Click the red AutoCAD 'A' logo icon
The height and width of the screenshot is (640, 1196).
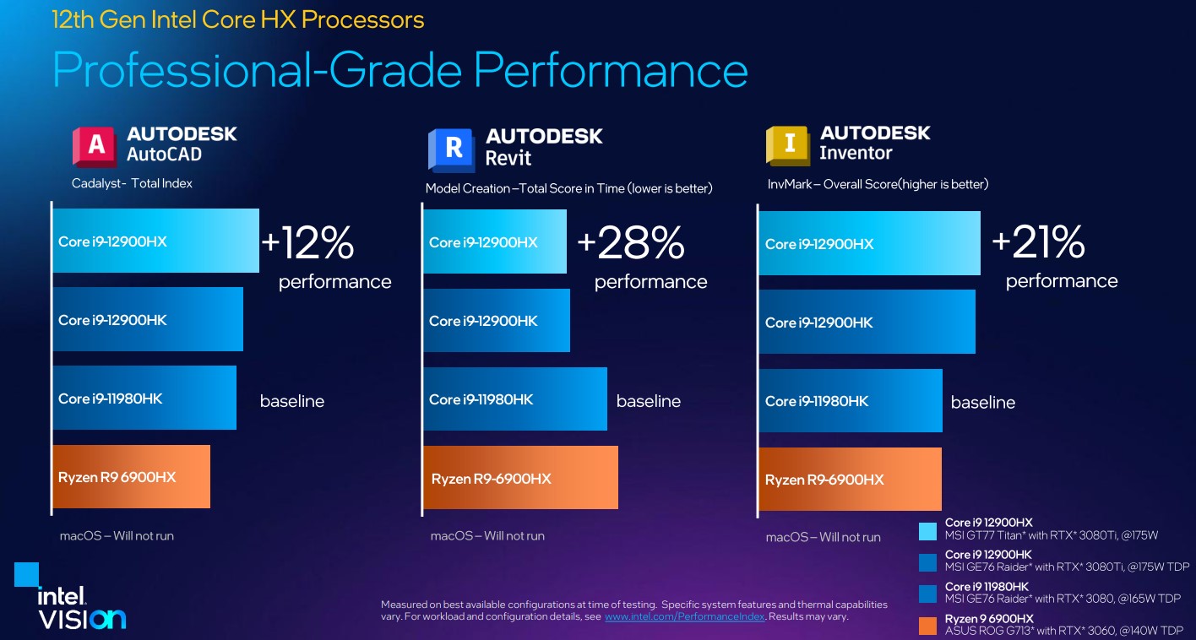tap(95, 146)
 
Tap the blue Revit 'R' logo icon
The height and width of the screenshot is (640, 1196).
tap(451, 150)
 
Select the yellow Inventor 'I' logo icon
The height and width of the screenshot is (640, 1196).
tap(787, 145)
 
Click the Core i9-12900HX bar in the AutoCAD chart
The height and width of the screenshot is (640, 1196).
tap(156, 241)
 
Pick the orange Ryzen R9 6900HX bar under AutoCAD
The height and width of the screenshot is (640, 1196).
tap(132, 477)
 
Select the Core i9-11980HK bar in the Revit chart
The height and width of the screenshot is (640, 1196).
tap(515, 399)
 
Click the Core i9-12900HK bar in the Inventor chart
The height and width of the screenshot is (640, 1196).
tap(867, 322)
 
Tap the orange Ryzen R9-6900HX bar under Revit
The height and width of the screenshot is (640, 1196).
tap(520, 477)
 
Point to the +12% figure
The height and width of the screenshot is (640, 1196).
tap(307, 242)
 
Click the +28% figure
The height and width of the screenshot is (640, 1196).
tap(631, 242)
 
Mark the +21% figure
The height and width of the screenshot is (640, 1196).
tap(1039, 241)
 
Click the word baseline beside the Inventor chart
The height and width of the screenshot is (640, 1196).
tap(983, 402)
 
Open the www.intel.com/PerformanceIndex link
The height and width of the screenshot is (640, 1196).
tap(684, 616)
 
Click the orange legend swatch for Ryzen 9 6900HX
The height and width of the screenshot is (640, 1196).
tap(928, 626)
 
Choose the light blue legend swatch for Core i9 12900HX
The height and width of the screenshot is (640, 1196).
tap(928, 531)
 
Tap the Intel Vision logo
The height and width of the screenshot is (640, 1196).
tap(71, 597)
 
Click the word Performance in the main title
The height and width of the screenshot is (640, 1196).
tap(611, 70)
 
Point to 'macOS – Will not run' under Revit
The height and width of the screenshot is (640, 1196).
tap(487, 536)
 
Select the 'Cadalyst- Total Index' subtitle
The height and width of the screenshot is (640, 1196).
tap(132, 183)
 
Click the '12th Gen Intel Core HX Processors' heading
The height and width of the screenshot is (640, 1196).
tap(238, 19)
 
